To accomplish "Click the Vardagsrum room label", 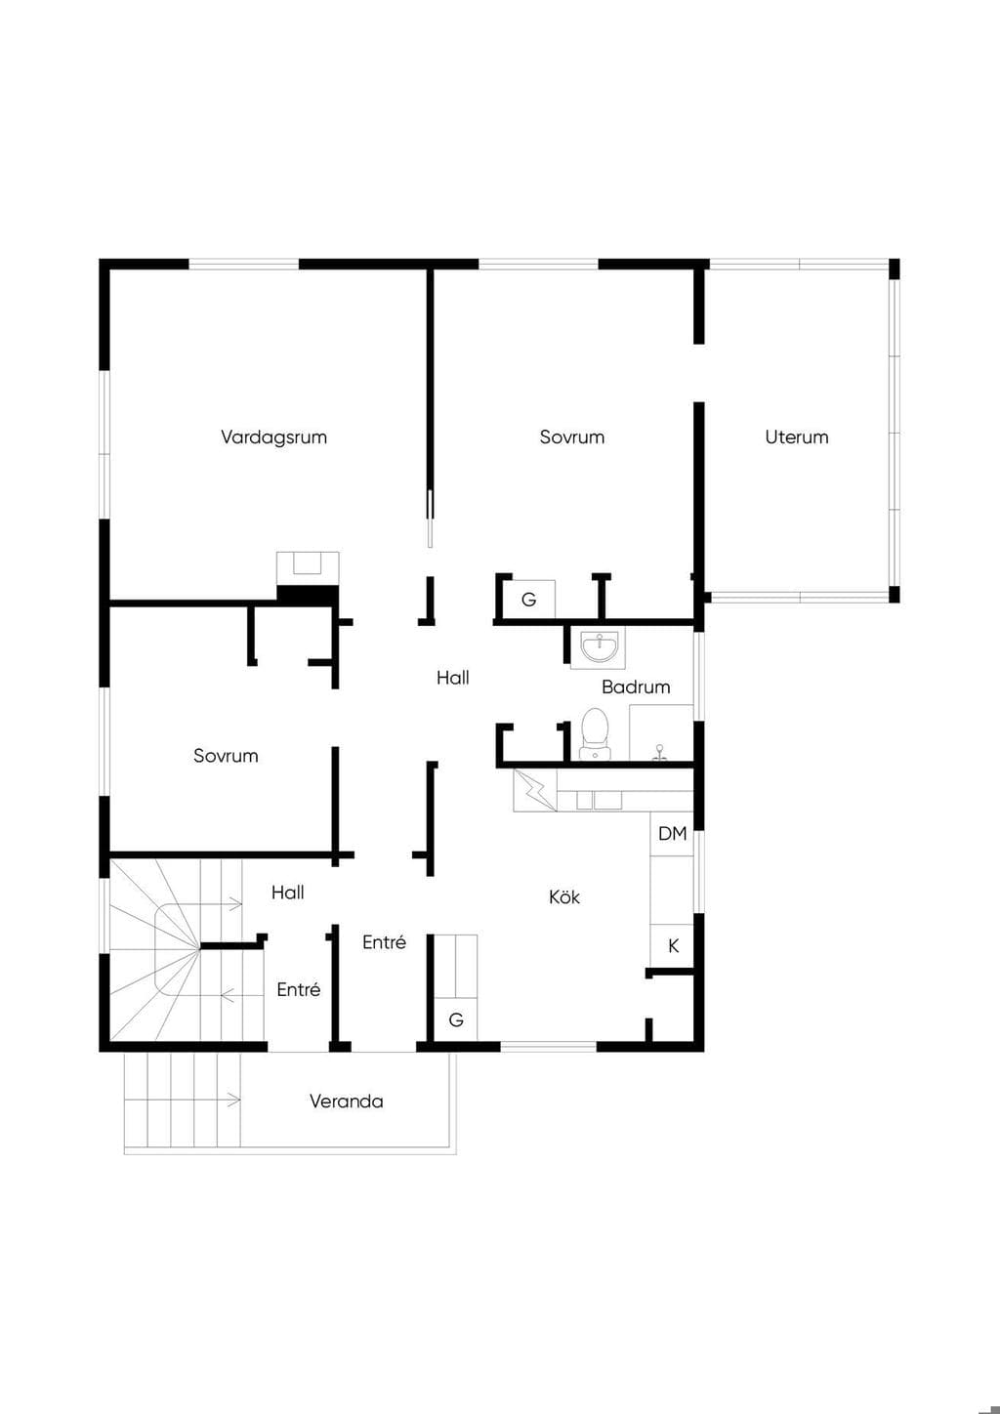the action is coord(274,437).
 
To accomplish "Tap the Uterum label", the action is coord(797,437).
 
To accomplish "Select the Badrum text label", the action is coord(636,686).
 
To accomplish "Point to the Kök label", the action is coord(564,897).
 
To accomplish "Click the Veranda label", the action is coord(346,1102).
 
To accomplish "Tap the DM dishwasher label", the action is coord(672,834).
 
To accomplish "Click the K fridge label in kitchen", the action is coord(673,945).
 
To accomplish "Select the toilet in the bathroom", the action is coord(595,733).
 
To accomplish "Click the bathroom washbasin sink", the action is coord(599,647).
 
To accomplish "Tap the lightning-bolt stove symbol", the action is coord(535,790).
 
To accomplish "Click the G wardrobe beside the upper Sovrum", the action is coord(529,599).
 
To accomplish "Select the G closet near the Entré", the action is coord(456,1019).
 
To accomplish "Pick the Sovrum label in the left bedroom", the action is coord(226,756).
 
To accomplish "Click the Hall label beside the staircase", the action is coord(288,893).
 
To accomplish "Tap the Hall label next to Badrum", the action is coord(453,678).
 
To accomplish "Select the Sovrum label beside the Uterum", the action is coord(572,437).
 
